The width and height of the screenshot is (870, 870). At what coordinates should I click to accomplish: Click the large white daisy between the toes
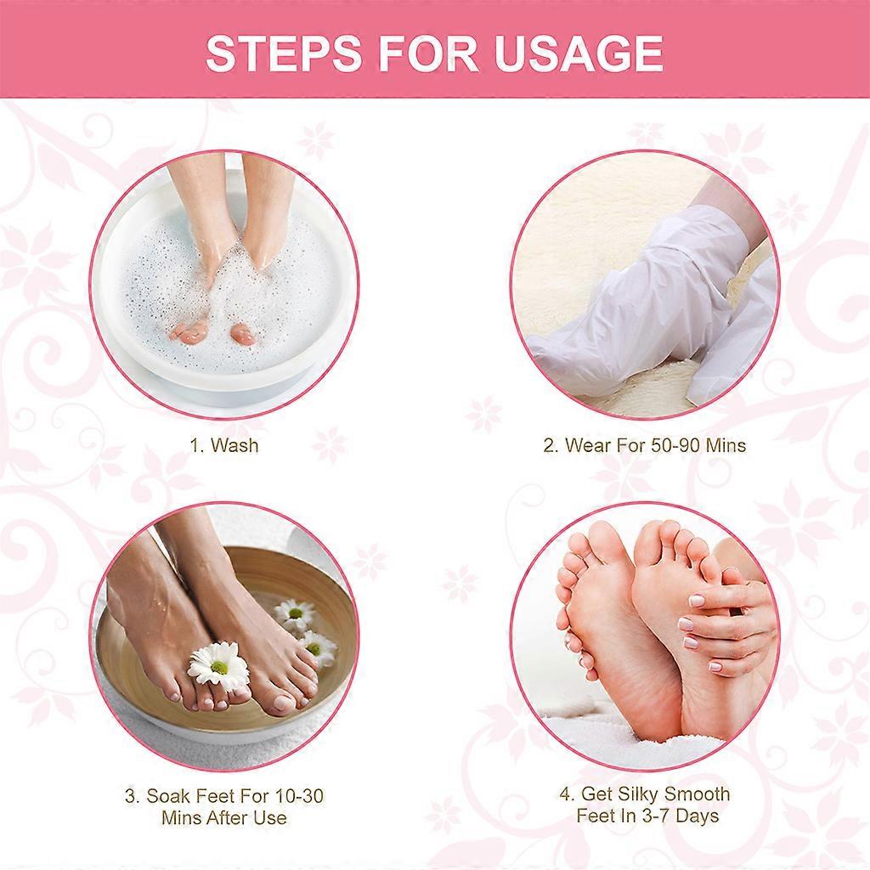[x=218, y=664]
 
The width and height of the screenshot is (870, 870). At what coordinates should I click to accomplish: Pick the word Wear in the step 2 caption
[x=588, y=445]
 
